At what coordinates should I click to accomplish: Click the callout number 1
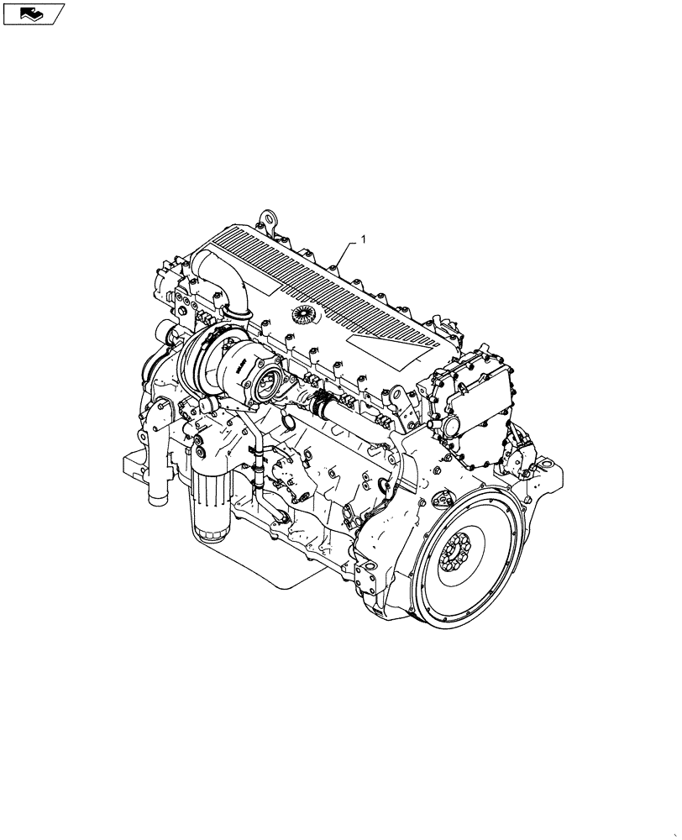pos(364,240)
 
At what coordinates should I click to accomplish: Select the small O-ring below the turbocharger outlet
pos(287,419)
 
